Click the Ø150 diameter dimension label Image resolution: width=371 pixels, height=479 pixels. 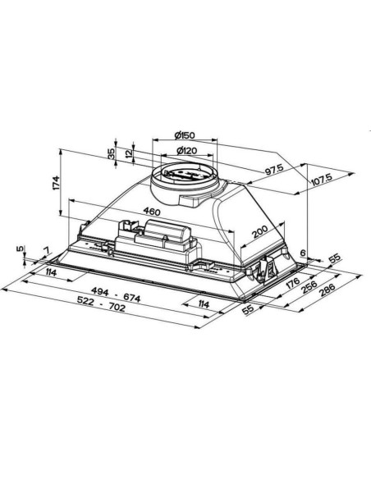[x=185, y=135]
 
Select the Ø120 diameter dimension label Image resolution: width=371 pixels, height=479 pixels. [x=186, y=151]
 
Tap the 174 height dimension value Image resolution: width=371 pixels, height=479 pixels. [x=56, y=183]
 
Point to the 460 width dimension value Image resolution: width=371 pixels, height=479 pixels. [x=152, y=211]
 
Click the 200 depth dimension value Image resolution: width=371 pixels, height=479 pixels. [x=260, y=231]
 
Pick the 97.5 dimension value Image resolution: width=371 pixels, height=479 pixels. [x=274, y=169]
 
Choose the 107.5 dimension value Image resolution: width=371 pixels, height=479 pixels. [x=322, y=180]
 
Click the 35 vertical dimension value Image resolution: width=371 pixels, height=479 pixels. [x=112, y=153]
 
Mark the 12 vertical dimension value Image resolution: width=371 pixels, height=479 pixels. [x=130, y=153]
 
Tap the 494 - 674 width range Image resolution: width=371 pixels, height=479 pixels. [x=116, y=294]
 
